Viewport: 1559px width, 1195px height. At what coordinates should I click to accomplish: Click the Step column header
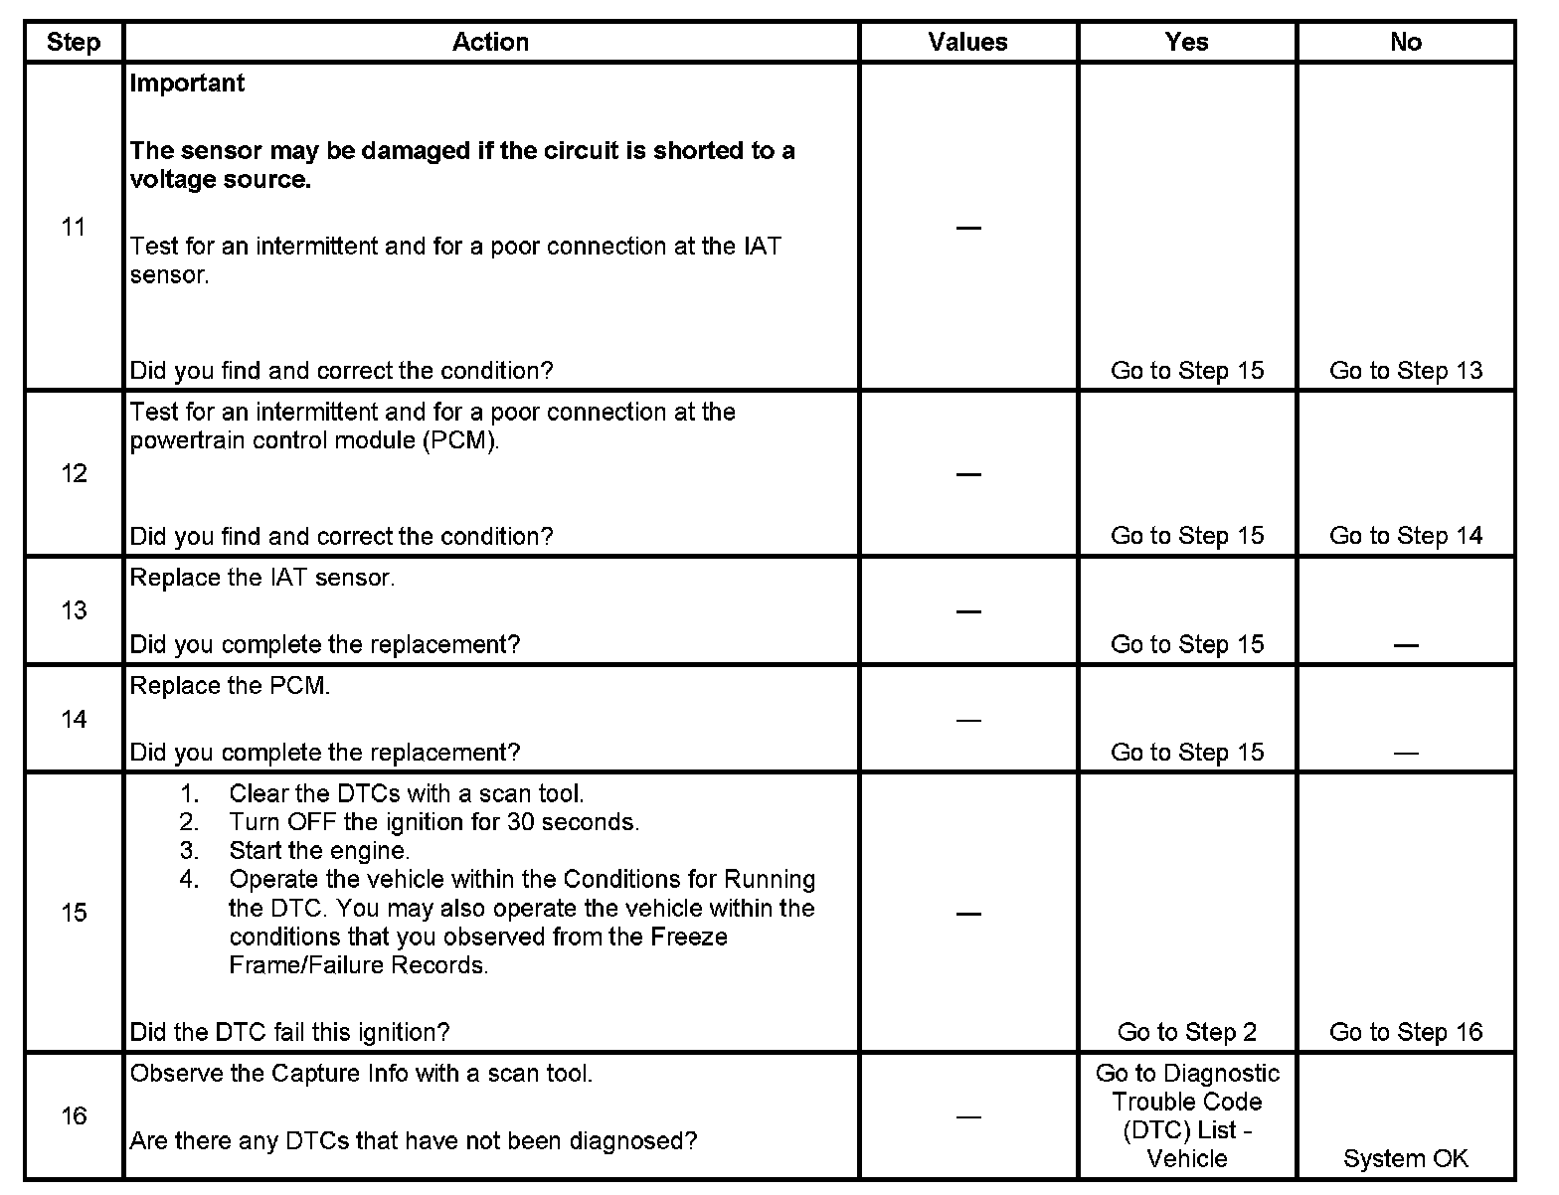point(74,43)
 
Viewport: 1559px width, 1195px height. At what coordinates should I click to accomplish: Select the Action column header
point(490,42)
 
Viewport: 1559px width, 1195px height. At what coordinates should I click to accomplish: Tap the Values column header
point(967,42)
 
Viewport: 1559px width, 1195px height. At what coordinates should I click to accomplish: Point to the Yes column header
point(1186,42)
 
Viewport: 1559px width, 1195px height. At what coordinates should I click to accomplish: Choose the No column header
point(1405,42)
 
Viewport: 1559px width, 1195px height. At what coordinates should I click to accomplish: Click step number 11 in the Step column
point(74,227)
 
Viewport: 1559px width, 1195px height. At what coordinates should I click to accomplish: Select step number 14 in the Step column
point(74,719)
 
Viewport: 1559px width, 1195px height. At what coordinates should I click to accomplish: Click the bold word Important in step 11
point(187,84)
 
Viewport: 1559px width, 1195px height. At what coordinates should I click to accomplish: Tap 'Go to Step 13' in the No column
point(1405,371)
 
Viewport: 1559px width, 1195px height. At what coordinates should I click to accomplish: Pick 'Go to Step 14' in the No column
point(1405,536)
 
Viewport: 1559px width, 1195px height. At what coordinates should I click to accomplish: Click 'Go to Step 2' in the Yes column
point(1186,1032)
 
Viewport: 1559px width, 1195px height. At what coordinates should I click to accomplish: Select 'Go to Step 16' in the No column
point(1405,1032)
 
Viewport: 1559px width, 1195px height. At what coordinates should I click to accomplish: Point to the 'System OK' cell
point(1405,1158)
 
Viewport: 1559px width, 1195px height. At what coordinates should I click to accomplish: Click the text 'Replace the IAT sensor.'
point(262,578)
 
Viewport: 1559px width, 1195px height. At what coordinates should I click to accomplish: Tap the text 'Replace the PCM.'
point(230,686)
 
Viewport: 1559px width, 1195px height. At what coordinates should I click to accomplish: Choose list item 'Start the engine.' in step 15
point(319,851)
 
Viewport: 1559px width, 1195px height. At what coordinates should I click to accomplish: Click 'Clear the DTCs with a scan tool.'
point(406,793)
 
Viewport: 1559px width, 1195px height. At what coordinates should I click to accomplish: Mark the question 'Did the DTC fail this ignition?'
point(289,1032)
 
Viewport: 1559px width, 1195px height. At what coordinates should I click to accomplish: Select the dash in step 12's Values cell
point(967,474)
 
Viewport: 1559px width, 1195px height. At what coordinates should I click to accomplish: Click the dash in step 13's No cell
point(1405,645)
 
